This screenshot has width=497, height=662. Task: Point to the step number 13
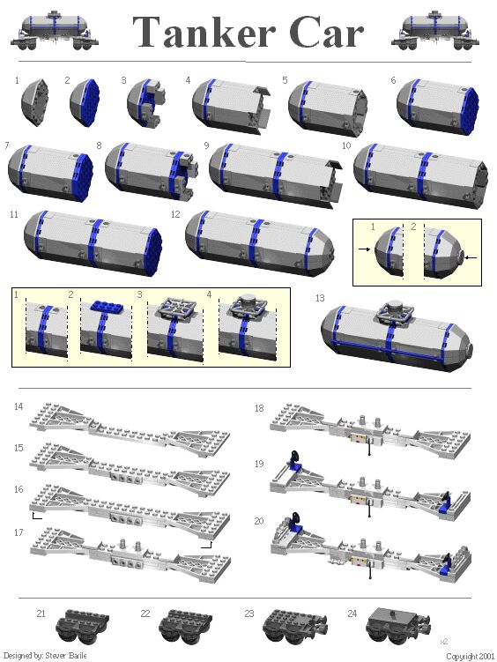320,298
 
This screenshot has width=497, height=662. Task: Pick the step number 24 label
352,612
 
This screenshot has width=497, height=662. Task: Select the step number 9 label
205,145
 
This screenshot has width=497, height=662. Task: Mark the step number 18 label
259,408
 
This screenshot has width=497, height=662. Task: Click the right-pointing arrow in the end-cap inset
365,250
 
